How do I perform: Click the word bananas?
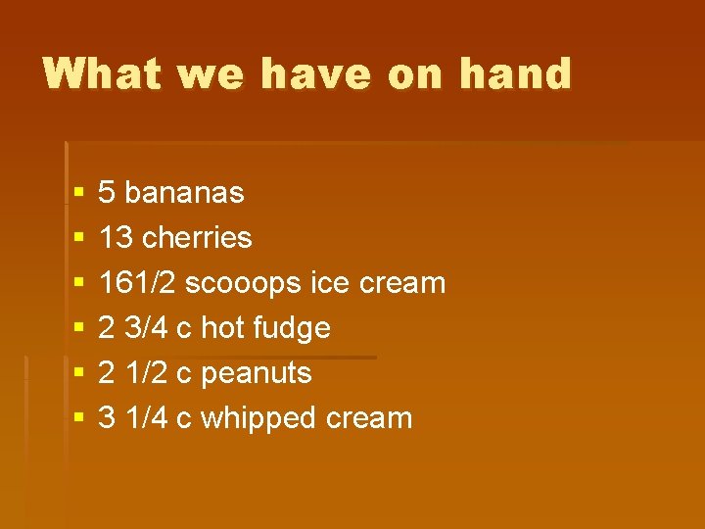(184, 192)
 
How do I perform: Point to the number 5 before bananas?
(108, 192)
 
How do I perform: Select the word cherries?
(197, 237)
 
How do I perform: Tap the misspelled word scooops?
(242, 283)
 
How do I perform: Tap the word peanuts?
(256, 373)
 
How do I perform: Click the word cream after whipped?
(369, 418)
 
